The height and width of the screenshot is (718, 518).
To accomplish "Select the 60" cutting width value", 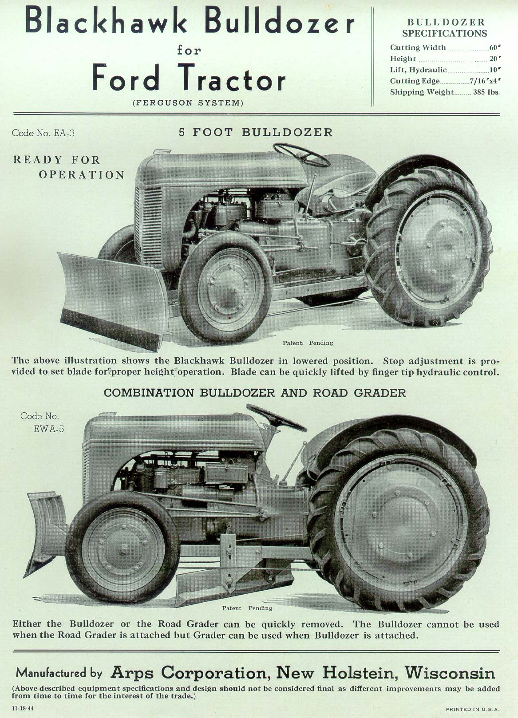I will click(494, 47).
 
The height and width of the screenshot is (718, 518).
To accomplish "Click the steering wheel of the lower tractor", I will click(275, 418).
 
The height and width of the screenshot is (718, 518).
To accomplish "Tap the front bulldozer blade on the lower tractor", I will click(47, 533).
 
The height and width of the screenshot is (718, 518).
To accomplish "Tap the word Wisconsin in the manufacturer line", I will click(449, 673).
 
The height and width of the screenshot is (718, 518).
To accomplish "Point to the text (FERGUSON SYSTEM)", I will click(188, 103).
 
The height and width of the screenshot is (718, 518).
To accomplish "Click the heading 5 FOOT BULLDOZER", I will click(256, 133).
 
